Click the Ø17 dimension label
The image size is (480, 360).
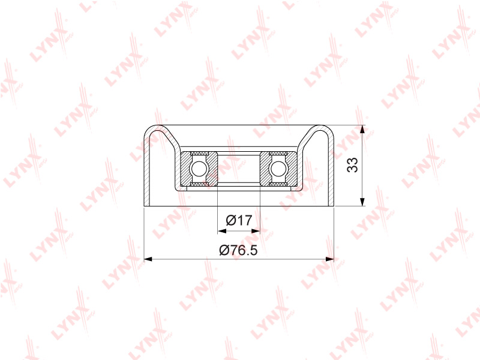coord(239,220)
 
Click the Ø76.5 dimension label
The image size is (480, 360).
coord(238,250)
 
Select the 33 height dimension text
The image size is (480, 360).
coord(353,165)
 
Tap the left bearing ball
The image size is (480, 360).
coord(199,169)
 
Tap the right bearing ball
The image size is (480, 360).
coord(278,169)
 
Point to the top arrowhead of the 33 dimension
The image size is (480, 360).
coord(362,129)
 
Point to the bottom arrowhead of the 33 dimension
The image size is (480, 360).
coord(362,202)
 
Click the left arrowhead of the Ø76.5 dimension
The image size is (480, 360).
coord(148,259)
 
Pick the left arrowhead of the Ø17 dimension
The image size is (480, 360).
coord(221,231)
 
